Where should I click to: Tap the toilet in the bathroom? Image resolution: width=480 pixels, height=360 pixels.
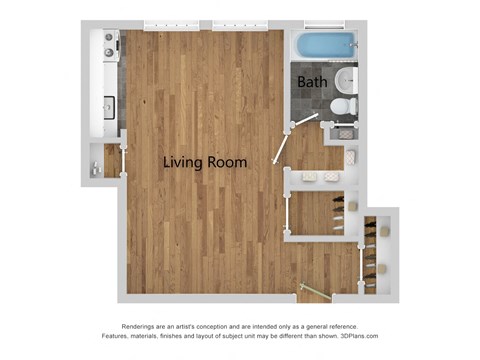click(339, 106)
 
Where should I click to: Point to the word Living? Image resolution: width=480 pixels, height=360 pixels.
click(187, 162)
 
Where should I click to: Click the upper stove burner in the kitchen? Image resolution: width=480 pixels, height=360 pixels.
click(108, 44)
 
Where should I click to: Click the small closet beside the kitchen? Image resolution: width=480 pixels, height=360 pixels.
click(103, 162)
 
